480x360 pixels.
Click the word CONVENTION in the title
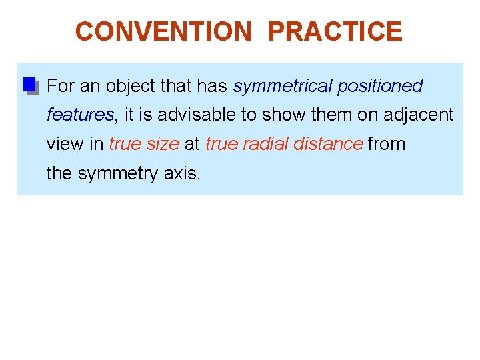[x=164, y=31]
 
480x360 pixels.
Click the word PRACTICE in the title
[x=335, y=31]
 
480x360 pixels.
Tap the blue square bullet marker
[x=29, y=85]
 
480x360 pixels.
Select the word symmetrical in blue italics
[x=283, y=86]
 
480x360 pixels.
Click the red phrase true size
[x=144, y=143]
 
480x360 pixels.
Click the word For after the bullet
[x=61, y=86]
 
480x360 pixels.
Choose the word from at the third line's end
[x=387, y=143]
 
